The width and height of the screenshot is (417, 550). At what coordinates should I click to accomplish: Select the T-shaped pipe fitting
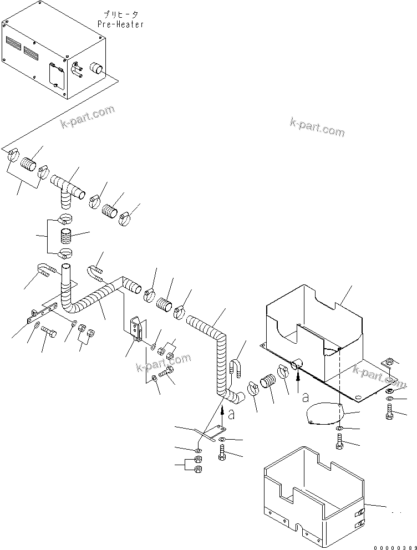coord(67,189)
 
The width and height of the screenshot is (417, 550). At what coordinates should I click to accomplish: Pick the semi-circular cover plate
coord(324,415)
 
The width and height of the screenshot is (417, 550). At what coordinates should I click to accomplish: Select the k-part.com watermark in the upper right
coord(317,128)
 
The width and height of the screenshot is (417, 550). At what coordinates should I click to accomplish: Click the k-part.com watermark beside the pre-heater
coord(87,116)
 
